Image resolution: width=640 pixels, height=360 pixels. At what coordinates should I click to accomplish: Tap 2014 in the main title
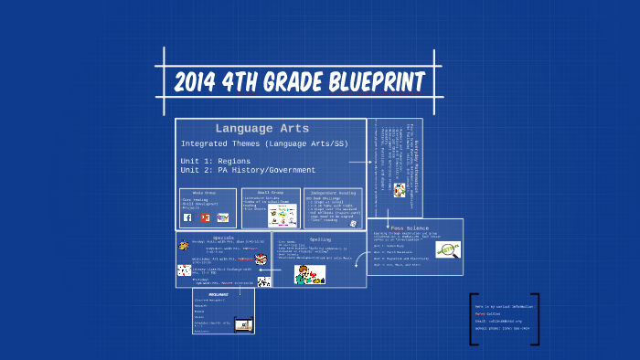[x=200, y=82]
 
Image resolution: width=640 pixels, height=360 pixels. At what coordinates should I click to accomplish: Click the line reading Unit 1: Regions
[x=215, y=160]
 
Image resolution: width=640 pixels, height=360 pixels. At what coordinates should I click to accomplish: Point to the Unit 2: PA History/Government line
[x=248, y=170]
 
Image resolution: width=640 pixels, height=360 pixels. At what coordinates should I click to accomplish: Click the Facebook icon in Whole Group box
[x=187, y=217]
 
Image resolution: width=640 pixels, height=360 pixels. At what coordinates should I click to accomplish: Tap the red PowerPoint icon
[x=205, y=217]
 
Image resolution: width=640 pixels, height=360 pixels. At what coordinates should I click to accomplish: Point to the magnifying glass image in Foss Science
[x=448, y=249]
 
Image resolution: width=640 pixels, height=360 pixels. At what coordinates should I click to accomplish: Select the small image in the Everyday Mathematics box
[x=400, y=190]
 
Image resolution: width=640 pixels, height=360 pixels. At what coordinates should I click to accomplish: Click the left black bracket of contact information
[x=474, y=319]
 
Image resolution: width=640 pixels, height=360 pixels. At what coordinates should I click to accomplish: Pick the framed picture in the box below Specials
[x=243, y=323]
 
